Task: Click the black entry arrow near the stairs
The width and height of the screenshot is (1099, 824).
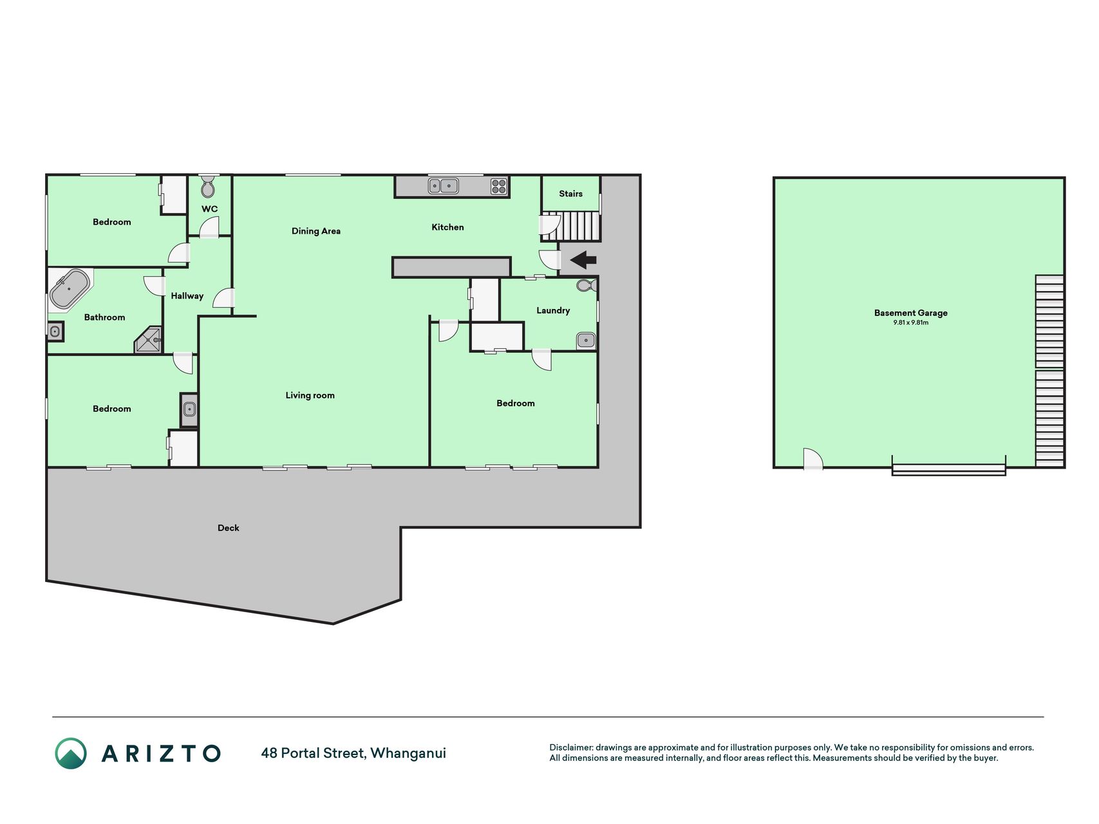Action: tap(583, 260)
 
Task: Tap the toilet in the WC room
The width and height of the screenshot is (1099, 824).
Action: tap(208, 186)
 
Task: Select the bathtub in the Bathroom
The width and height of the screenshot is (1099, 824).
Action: tap(70, 289)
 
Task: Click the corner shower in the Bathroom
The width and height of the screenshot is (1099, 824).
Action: tap(149, 341)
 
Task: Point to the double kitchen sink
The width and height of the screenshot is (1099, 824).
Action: tap(444, 186)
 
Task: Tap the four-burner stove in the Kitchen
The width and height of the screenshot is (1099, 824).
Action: tap(499, 186)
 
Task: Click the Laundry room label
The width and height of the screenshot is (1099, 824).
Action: tap(553, 310)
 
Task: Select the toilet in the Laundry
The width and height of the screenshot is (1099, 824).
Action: tap(587, 285)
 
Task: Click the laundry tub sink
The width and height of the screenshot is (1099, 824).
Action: tap(586, 340)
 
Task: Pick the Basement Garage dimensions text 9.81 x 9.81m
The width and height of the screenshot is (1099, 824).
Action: tap(910, 323)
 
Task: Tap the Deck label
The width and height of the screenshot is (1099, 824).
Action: tap(229, 528)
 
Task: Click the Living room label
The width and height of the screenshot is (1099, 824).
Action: tap(310, 395)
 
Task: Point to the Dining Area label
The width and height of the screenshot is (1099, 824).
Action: tap(316, 231)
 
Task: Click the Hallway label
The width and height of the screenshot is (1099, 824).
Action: tap(187, 296)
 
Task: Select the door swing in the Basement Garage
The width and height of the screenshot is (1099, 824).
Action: tap(813, 458)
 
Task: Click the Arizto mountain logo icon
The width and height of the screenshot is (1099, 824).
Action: tap(71, 753)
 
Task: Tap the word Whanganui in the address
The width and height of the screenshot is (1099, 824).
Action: tap(408, 753)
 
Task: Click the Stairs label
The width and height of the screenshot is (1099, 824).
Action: tap(571, 194)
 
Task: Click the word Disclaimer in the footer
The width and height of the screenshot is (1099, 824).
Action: tap(571, 747)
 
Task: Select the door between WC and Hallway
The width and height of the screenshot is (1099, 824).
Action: tap(209, 228)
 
